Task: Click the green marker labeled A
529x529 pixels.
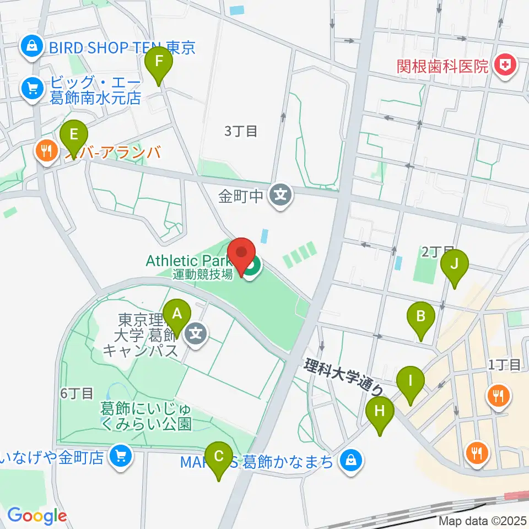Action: [x=177, y=314]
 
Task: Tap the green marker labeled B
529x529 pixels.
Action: [x=420, y=316]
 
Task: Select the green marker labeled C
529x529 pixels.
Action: [x=219, y=456]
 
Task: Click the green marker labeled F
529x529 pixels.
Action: [x=159, y=61]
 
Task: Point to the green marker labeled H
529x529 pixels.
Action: [x=380, y=410]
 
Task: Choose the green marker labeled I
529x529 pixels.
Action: [x=410, y=380]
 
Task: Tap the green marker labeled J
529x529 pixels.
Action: [x=454, y=263]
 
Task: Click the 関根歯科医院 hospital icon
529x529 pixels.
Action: [x=503, y=66]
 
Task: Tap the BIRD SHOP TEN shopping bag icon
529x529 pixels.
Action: [x=32, y=47]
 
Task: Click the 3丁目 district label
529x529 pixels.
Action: [x=241, y=131]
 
